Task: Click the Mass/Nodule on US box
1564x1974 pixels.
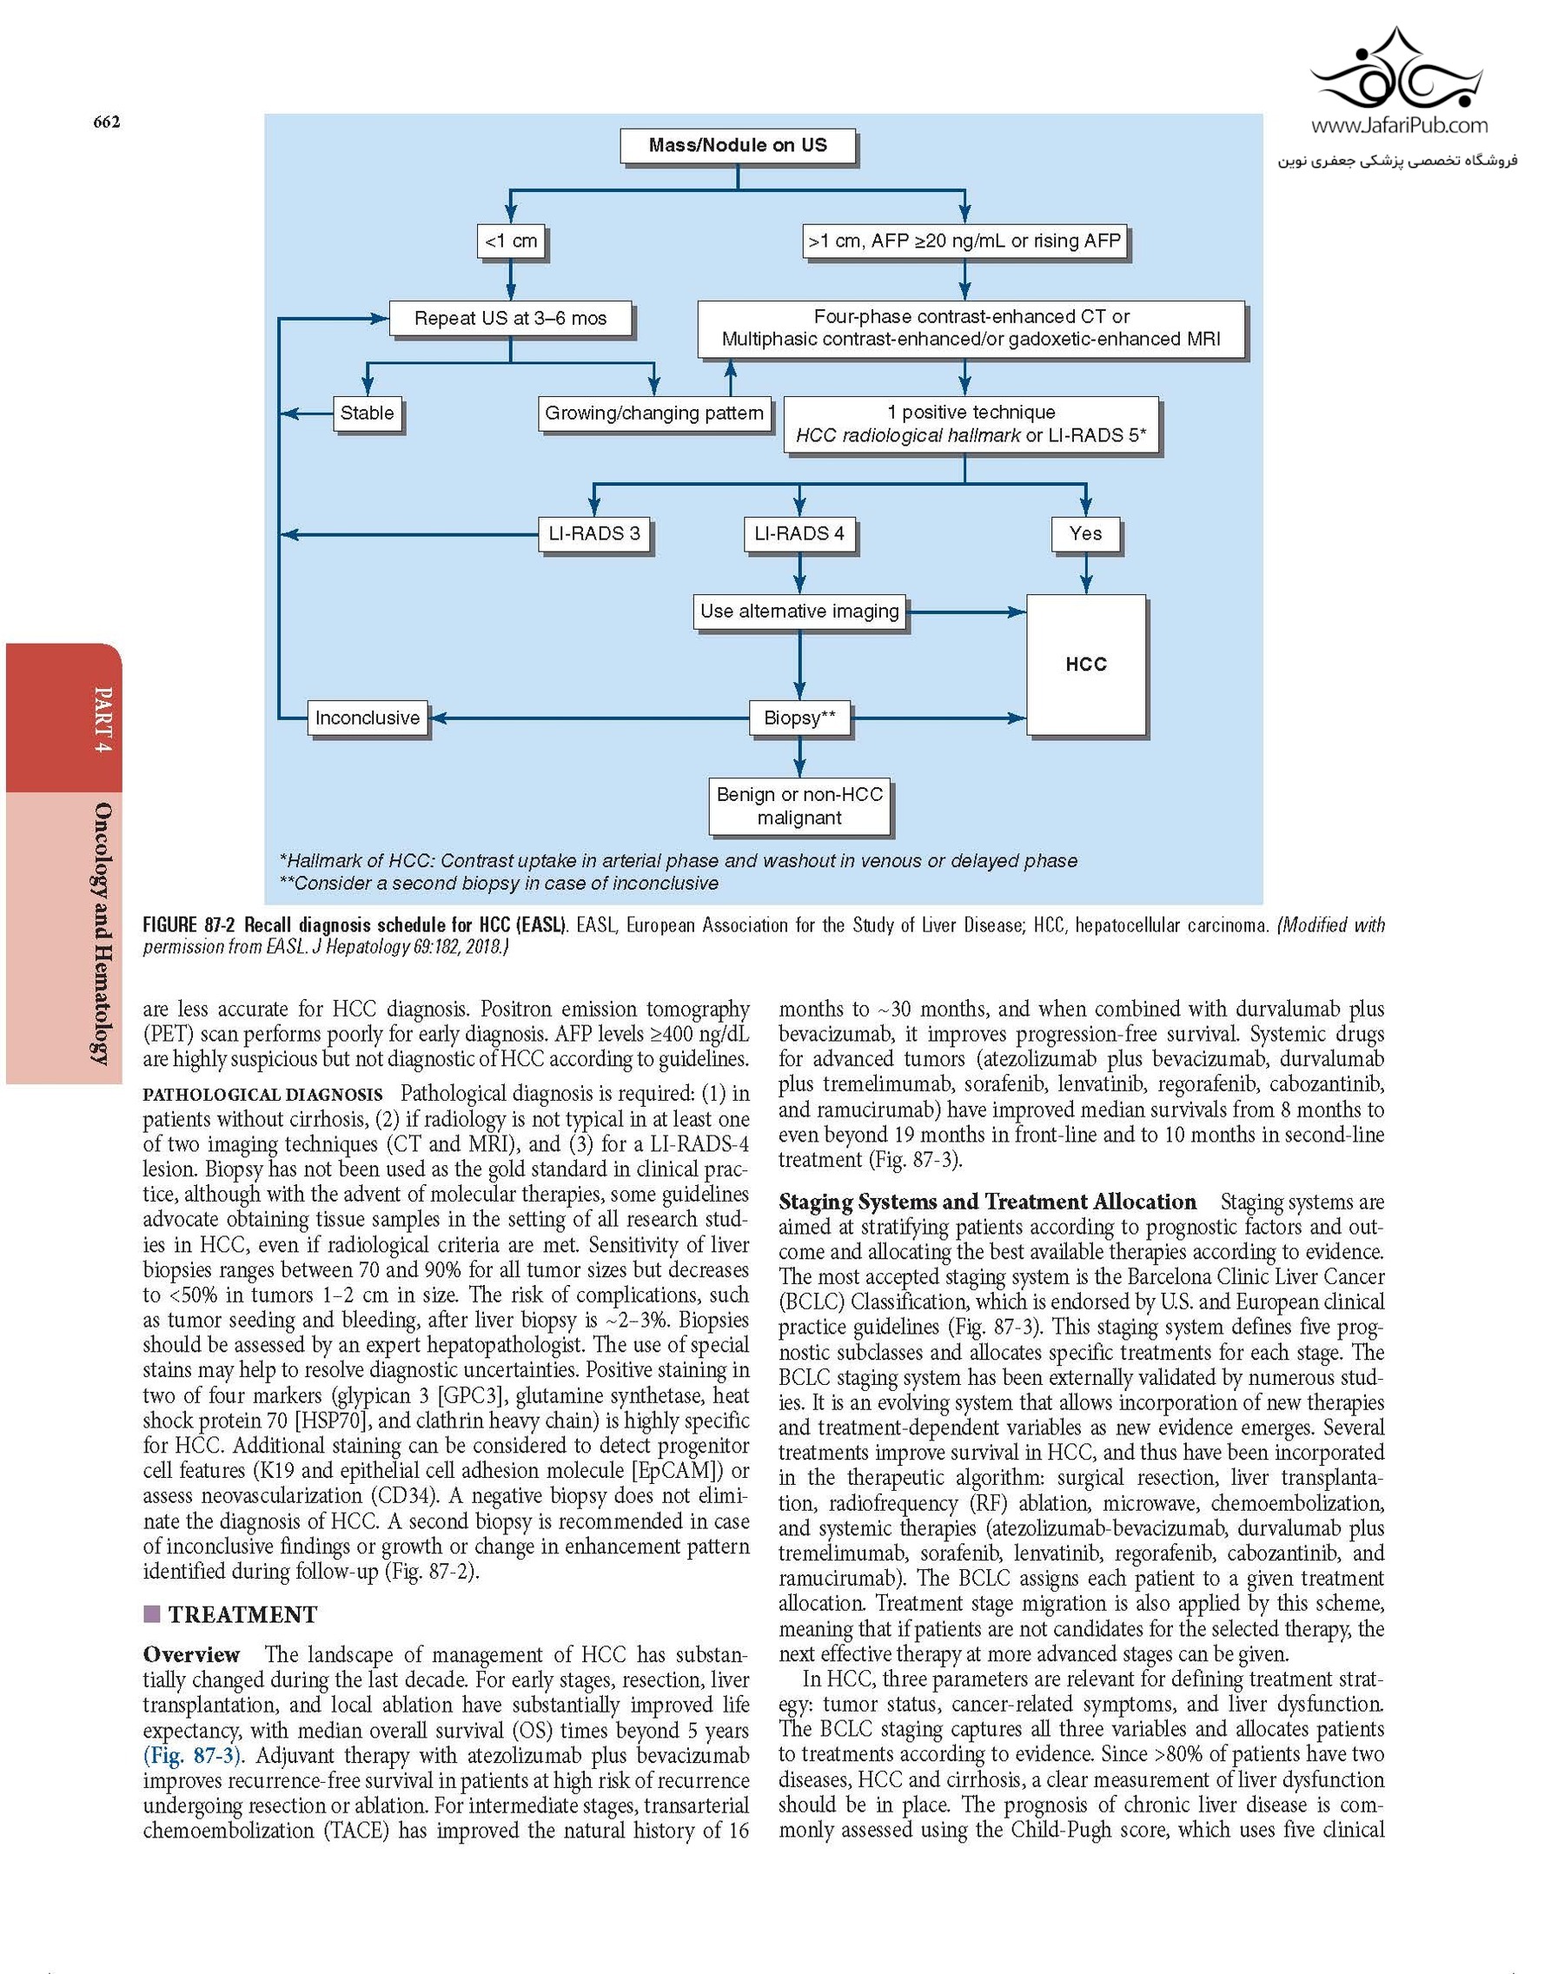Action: click(x=737, y=146)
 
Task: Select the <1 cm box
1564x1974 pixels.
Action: click(x=511, y=241)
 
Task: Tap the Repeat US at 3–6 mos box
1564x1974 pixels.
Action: click(x=510, y=319)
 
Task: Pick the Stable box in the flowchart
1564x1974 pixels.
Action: click(x=368, y=413)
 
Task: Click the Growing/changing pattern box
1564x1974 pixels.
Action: click(x=653, y=413)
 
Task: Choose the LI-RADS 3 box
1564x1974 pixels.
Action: click(x=594, y=533)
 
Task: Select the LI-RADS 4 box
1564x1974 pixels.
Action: click(x=799, y=533)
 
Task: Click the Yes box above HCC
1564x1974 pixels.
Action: click(x=1085, y=533)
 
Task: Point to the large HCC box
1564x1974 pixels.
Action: click(x=1086, y=665)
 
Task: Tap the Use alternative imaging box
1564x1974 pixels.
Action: click(x=799, y=612)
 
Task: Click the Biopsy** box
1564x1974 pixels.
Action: click(x=799, y=718)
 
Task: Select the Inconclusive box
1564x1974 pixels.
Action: click(x=368, y=718)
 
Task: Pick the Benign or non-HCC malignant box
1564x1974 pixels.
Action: click(x=799, y=806)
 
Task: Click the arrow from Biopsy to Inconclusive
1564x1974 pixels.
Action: click(x=586, y=718)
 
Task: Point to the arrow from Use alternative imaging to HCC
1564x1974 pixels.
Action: click(x=966, y=612)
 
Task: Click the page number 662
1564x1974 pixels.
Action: click(x=106, y=122)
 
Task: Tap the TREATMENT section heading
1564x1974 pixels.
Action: click(x=242, y=1614)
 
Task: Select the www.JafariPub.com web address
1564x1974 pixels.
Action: click(x=1399, y=126)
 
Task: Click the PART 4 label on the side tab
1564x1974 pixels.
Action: click(x=103, y=719)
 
